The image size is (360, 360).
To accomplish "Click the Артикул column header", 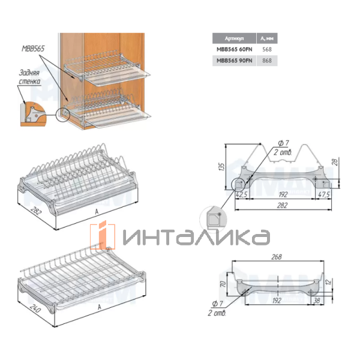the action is (x=234, y=38).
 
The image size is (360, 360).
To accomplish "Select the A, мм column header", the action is (x=267, y=38).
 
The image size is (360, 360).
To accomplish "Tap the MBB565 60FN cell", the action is (x=234, y=49).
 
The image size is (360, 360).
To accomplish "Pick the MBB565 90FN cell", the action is (x=234, y=61).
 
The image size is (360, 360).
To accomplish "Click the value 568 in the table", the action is (x=267, y=49).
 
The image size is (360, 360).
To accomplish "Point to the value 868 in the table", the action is (x=267, y=61).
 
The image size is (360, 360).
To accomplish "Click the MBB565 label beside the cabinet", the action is (x=33, y=49).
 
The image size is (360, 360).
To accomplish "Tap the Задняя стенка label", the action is (x=29, y=77).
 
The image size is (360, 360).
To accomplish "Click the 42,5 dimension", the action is (x=242, y=194).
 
